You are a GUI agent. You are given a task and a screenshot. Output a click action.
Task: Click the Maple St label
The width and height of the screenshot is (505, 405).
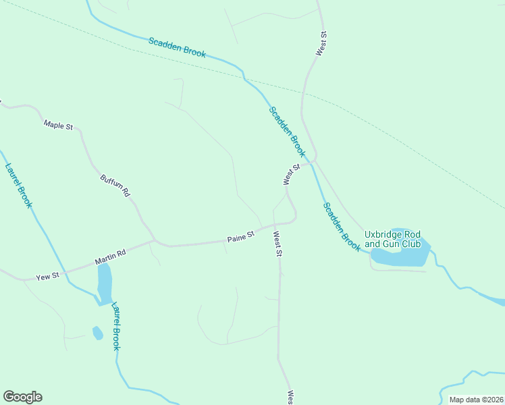(x=58, y=125)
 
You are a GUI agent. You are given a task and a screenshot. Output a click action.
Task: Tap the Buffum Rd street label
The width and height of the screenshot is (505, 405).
(x=115, y=186)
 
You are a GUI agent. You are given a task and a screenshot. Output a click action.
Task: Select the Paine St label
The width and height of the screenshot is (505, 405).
(x=240, y=237)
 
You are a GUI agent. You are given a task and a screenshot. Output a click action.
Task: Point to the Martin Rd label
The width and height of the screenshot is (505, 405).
(x=110, y=257)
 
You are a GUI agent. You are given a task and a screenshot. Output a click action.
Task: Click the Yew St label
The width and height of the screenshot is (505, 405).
(x=48, y=276)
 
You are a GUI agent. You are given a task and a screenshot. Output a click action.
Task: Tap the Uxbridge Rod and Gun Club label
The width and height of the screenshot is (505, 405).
(x=392, y=239)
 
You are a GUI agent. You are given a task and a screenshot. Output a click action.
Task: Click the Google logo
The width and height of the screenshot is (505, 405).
(x=22, y=397)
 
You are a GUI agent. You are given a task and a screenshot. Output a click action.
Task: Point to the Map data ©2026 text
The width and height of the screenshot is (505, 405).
(x=475, y=400)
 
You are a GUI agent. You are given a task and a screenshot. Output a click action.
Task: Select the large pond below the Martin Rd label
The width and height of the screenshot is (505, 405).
(x=105, y=283)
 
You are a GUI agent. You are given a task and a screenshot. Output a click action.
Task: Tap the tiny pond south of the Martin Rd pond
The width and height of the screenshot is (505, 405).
(x=97, y=333)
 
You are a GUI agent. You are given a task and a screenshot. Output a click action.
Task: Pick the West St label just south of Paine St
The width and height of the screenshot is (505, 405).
(x=277, y=245)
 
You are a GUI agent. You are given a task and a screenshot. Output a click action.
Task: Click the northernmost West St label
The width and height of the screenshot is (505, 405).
(x=323, y=43)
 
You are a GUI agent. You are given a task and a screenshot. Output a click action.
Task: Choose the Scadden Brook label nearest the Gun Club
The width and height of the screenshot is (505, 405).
(x=341, y=227)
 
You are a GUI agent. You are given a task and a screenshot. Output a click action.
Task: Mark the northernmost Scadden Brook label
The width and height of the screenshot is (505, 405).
(x=178, y=47)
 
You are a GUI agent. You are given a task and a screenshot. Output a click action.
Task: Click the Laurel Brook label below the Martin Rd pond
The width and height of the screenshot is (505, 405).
(x=115, y=325)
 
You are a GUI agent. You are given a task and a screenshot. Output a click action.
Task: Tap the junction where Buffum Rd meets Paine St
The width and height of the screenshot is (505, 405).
(x=155, y=240)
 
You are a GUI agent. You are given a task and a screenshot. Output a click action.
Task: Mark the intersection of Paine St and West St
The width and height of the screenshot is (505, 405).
(x=277, y=223)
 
